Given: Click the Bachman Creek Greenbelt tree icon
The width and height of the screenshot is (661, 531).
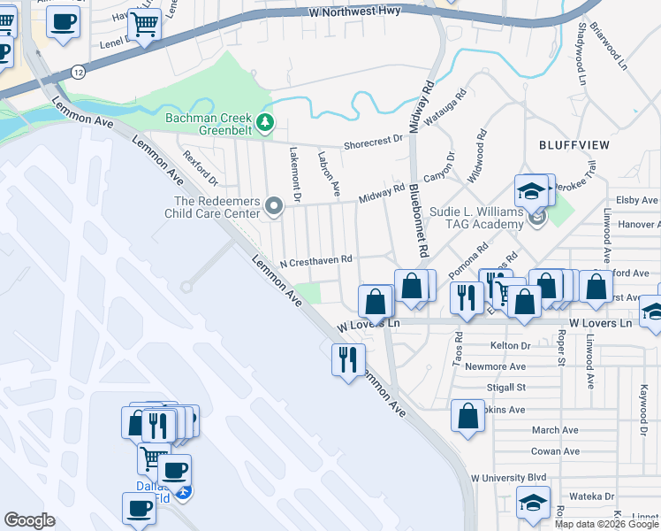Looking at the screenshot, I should click(x=264, y=120).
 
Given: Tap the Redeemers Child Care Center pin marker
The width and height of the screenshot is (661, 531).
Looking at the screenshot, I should click(x=274, y=207).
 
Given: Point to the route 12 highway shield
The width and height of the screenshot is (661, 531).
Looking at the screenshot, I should click(x=80, y=71).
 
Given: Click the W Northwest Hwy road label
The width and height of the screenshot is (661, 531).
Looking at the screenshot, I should click(x=354, y=12).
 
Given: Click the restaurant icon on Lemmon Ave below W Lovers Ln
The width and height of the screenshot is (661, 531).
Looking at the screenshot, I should click(x=348, y=358).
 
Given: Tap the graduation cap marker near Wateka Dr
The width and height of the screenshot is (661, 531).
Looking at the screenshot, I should click(x=533, y=502).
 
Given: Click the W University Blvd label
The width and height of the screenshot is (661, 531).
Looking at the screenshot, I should click(x=509, y=478).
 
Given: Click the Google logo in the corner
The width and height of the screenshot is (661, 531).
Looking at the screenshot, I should click(x=29, y=520).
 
